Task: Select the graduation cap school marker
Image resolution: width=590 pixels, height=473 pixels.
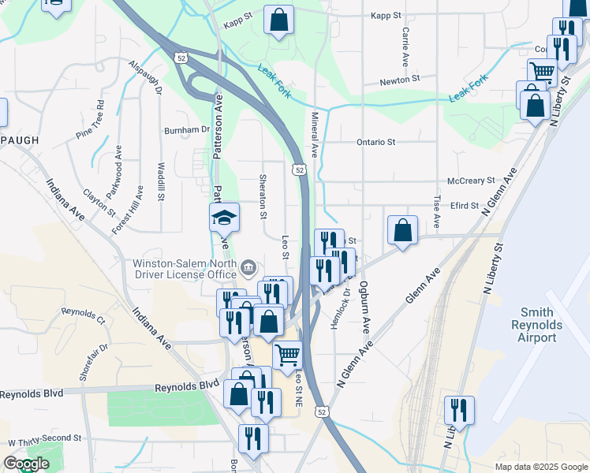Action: (x=224, y=217)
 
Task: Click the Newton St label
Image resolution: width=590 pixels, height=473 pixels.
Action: (x=398, y=80)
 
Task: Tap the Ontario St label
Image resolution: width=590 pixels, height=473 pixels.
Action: (x=375, y=142)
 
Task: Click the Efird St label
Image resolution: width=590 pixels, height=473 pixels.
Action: (x=465, y=206)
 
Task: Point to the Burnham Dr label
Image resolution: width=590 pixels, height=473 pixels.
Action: (x=186, y=131)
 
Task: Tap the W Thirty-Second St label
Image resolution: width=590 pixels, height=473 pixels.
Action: (x=45, y=438)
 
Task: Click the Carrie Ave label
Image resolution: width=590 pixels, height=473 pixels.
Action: (x=405, y=47)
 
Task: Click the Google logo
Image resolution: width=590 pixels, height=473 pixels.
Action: (x=26, y=464)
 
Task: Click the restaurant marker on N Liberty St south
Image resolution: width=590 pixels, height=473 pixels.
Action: (x=458, y=411)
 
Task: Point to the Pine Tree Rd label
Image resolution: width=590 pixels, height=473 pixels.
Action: (x=90, y=119)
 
